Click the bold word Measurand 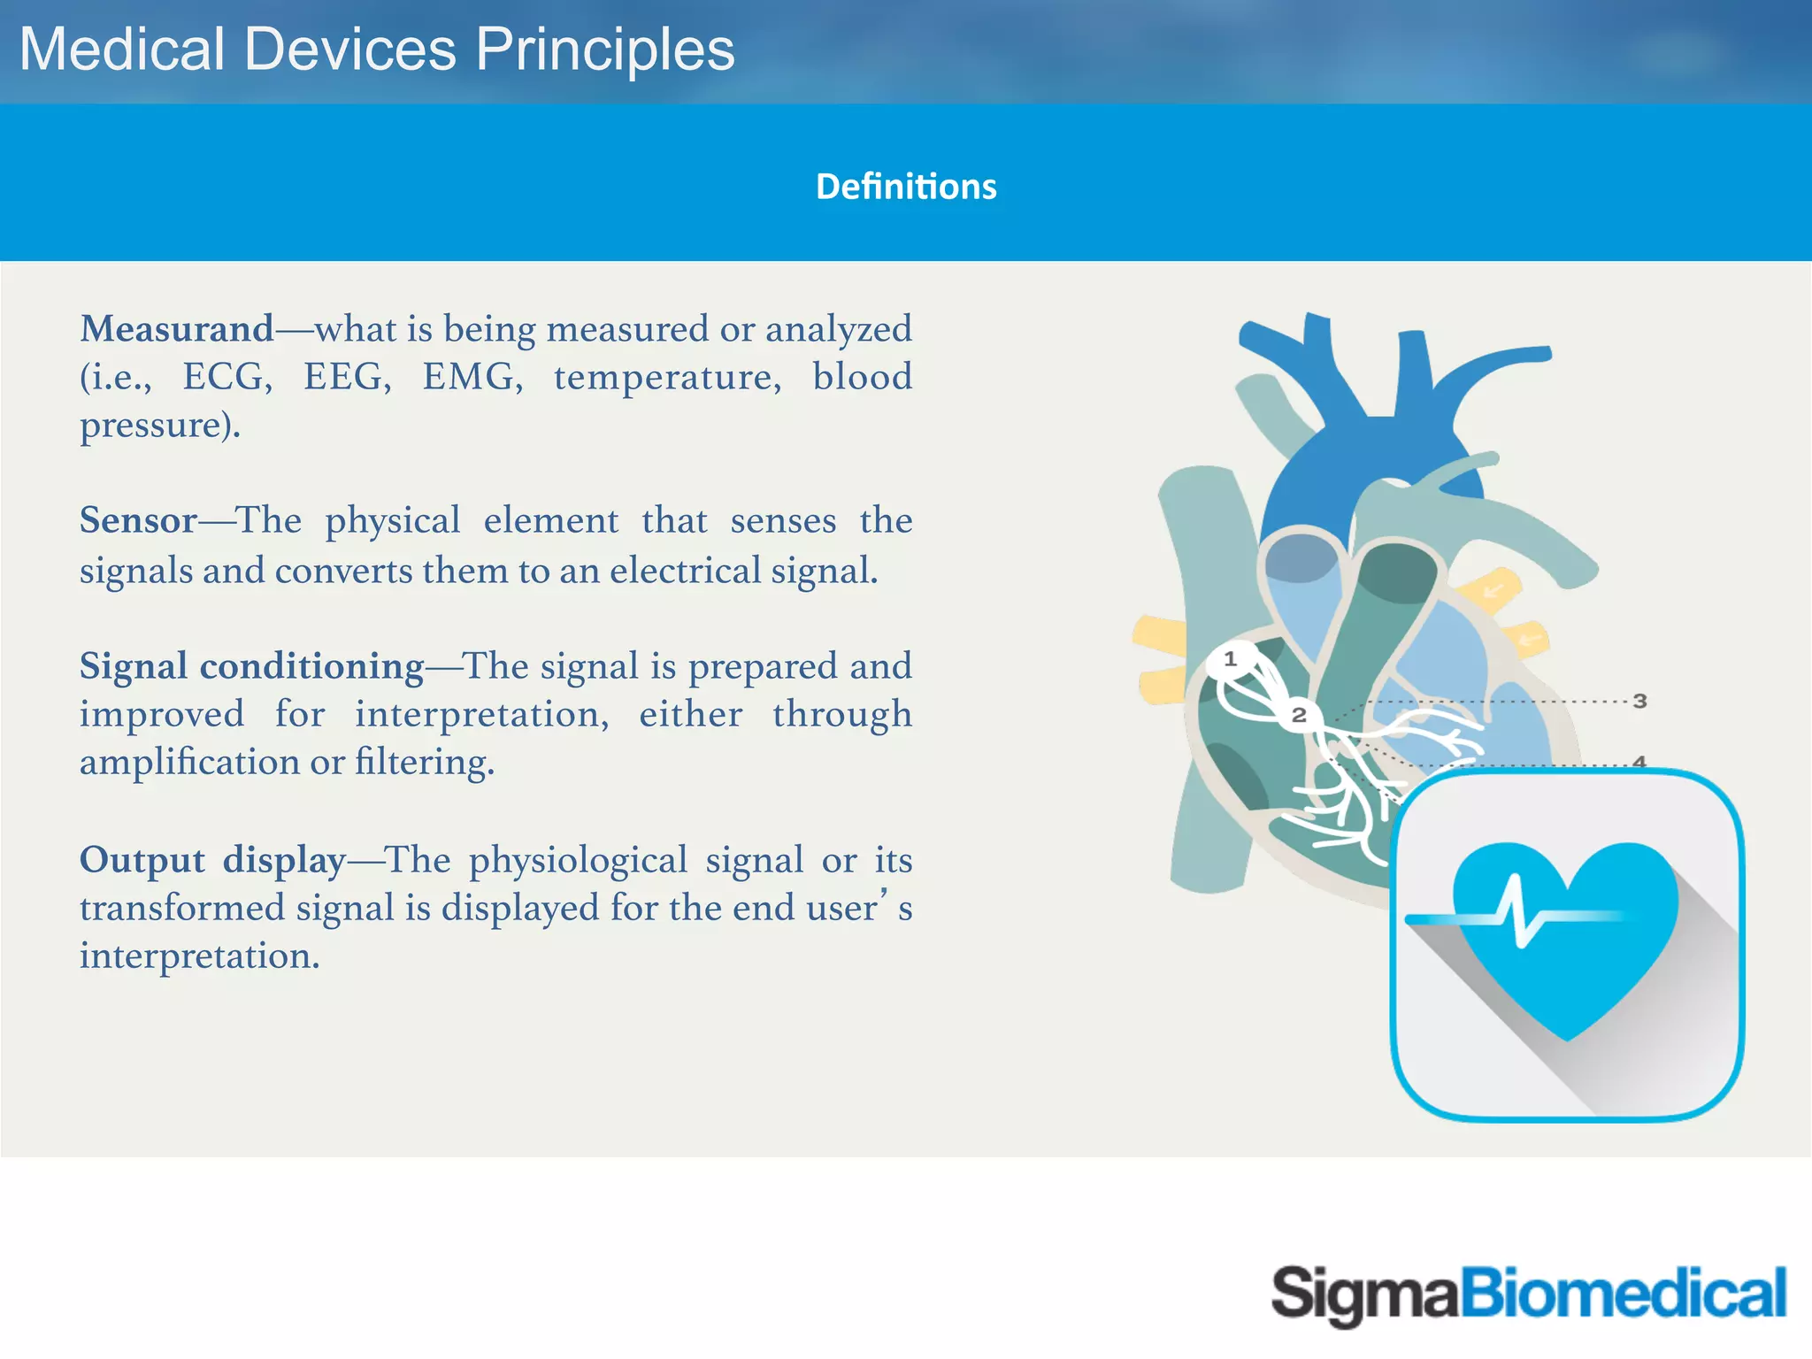click(177, 329)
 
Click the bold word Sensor click(138, 520)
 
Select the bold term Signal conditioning click(252, 666)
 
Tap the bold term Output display click(212, 860)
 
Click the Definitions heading click(906, 187)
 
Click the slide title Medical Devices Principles click(377, 50)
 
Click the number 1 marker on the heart click(1230, 659)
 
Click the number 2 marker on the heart click(1299, 715)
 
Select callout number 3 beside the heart click(1639, 702)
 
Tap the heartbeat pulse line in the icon click(1518, 918)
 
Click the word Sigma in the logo click(1363, 1294)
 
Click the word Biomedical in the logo click(1623, 1293)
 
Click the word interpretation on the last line click(198, 956)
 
